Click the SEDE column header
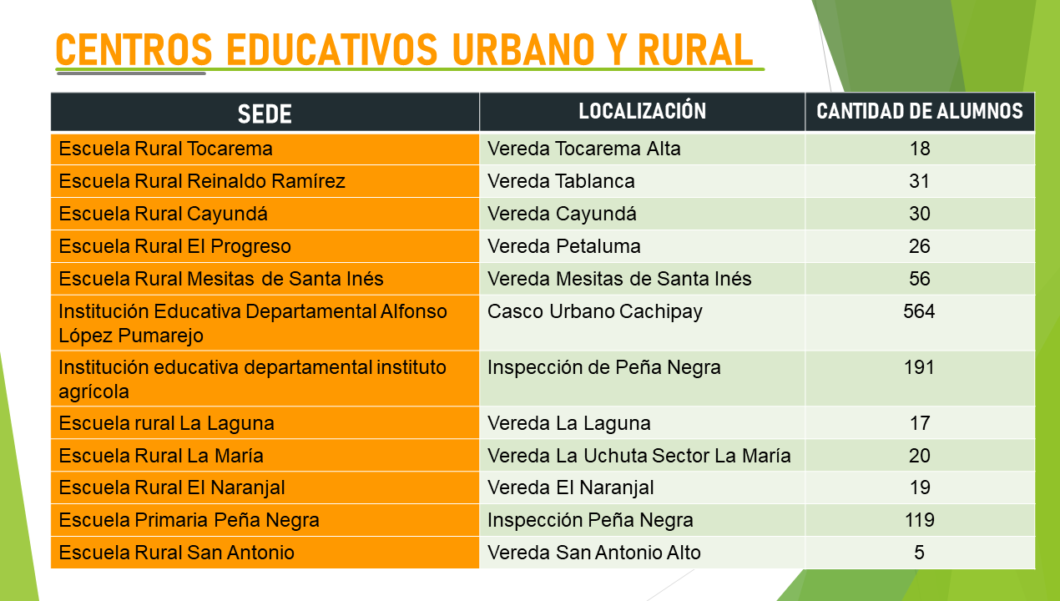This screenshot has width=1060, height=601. pos(265,114)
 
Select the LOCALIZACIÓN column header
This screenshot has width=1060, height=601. pos(642,111)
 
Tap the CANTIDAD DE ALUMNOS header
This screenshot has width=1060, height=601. pos(920,111)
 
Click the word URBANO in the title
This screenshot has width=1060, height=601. pos(522,50)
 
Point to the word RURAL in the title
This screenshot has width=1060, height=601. pos(695,50)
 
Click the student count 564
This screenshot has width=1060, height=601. pos(919,311)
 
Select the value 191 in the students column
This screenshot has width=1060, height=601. pos(919,367)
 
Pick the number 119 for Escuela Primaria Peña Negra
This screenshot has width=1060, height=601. pos(920,520)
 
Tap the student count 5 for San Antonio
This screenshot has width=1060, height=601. pos(919,553)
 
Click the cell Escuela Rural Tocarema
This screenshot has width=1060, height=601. pos(165,149)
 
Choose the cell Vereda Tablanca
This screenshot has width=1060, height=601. pos(561,181)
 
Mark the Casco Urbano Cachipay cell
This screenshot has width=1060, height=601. pos(595,312)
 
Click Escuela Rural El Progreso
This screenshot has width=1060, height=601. pos(174,246)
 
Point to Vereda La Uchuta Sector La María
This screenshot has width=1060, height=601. pos(639,456)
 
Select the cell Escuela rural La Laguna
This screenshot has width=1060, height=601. pos(166,423)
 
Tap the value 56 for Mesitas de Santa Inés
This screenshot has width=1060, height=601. pos(920,279)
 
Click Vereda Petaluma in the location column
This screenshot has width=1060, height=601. pos(564,246)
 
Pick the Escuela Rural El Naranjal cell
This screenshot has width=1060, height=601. pos(172,488)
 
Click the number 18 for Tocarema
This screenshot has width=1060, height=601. pos(920,149)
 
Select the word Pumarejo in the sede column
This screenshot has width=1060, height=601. pos(160,336)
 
